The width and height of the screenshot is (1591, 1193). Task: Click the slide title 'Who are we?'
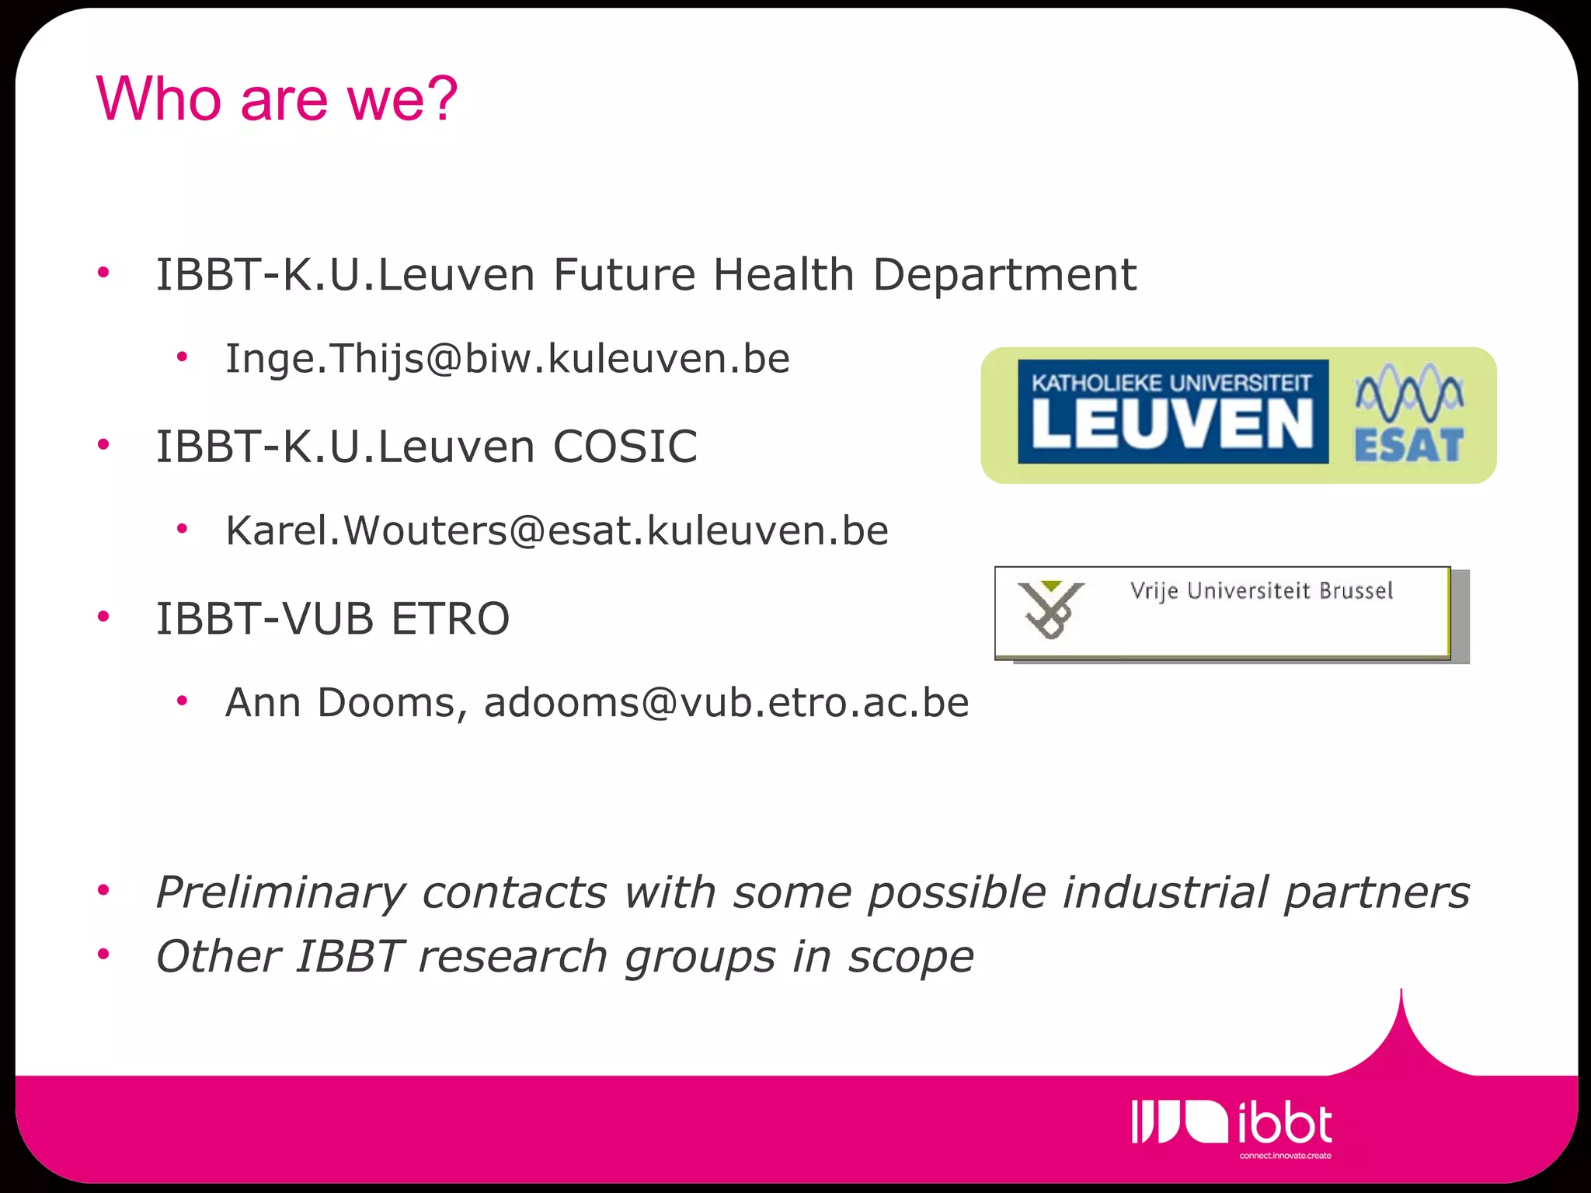tap(277, 99)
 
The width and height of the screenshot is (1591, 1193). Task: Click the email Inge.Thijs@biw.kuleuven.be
tap(507, 359)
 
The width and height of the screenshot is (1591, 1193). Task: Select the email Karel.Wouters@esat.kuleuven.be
tap(556, 531)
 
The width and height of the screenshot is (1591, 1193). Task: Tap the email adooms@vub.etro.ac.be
tap(726, 703)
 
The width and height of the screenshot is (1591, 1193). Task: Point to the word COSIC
tap(625, 447)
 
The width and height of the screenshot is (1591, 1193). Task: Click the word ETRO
tap(450, 619)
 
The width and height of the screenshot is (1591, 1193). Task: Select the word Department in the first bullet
tap(1004, 275)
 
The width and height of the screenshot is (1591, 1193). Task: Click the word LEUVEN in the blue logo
tap(1171, 425)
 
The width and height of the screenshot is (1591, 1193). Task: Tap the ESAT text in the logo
tap(1408, 446)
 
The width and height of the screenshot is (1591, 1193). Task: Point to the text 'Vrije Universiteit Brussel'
tap(1261, 591)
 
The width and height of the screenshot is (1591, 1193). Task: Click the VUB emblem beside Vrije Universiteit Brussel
tap(1050, 610)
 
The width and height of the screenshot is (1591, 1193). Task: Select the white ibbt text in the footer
tap(1284, 1124)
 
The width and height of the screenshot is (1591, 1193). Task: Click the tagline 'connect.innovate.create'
tap(1285, 1156)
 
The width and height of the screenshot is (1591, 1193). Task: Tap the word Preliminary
tap(280, 892)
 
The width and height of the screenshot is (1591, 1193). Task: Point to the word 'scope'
tap(910, 957)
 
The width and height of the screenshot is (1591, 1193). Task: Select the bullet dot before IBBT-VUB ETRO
tap(103, 617)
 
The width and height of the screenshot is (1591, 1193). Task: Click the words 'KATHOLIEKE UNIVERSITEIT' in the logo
tap(1171, 382)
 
